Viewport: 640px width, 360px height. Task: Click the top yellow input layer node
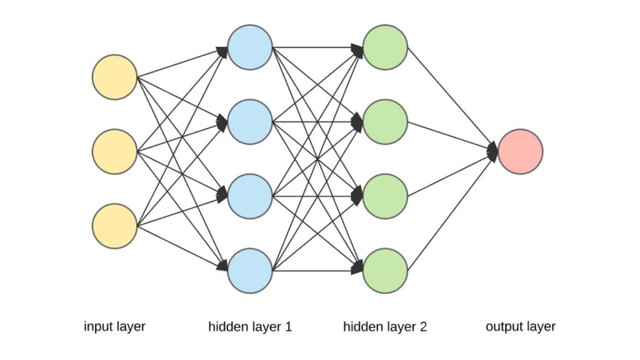point(114,77)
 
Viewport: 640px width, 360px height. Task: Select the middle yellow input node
point(114,151)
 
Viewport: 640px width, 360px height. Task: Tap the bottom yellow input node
point(114,226)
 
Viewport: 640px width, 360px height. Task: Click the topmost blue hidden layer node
point(250,47)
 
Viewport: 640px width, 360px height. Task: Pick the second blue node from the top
point(250,122)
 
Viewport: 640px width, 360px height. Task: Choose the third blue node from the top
point(250,196)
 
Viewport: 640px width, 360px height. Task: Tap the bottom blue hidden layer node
point(250,271)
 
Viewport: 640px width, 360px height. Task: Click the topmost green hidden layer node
point(386,47)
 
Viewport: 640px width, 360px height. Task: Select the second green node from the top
point(386,122)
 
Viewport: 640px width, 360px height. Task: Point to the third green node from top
point(386,196)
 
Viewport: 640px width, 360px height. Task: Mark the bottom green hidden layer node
point(386,271)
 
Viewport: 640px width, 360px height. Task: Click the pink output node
point(521,151)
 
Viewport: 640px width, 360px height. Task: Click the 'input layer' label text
point(114,326)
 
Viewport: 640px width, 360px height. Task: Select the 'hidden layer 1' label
point(250,326)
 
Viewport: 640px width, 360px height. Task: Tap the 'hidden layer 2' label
point(385,326)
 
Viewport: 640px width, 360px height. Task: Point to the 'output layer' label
point(521,326)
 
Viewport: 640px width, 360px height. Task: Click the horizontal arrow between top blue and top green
point(316,47)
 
